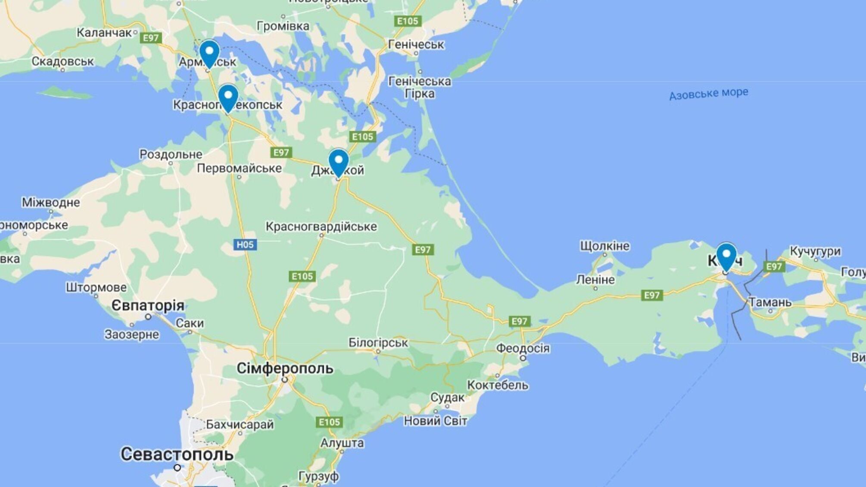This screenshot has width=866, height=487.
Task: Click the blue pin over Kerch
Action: click(726, 255)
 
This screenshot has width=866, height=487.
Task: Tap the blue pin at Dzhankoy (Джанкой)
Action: click(338, 162)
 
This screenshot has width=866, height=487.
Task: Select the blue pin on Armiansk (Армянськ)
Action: click(209, 53)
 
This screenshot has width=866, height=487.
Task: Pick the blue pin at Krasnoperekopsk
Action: click(228, 97)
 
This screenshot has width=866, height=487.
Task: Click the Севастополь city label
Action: click(177, 454)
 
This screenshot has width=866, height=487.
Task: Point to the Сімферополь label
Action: click(285, 368)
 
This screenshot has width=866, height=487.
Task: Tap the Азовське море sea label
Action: click(708, 94)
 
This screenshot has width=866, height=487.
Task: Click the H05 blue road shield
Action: click(245, 245)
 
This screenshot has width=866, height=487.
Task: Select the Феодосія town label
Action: click(523, 348)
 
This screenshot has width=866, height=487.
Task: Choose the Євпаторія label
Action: click(148, 306)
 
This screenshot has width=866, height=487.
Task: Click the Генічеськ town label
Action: click(416, 44)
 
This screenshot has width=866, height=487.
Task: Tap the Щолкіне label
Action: click(604, 246)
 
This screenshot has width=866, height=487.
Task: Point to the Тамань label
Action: click(770, 302)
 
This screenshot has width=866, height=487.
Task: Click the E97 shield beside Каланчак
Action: click(151, 38)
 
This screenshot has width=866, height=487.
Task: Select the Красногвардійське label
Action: click(321, 226)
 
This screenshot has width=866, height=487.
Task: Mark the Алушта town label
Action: click(342, 443)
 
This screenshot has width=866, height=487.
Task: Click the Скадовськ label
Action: click(62, 61)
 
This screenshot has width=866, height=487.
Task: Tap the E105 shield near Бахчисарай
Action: click(329, 422)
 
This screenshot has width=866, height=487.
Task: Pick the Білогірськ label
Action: click(378, 343)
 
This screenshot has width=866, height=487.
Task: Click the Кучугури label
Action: click(815, 251)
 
